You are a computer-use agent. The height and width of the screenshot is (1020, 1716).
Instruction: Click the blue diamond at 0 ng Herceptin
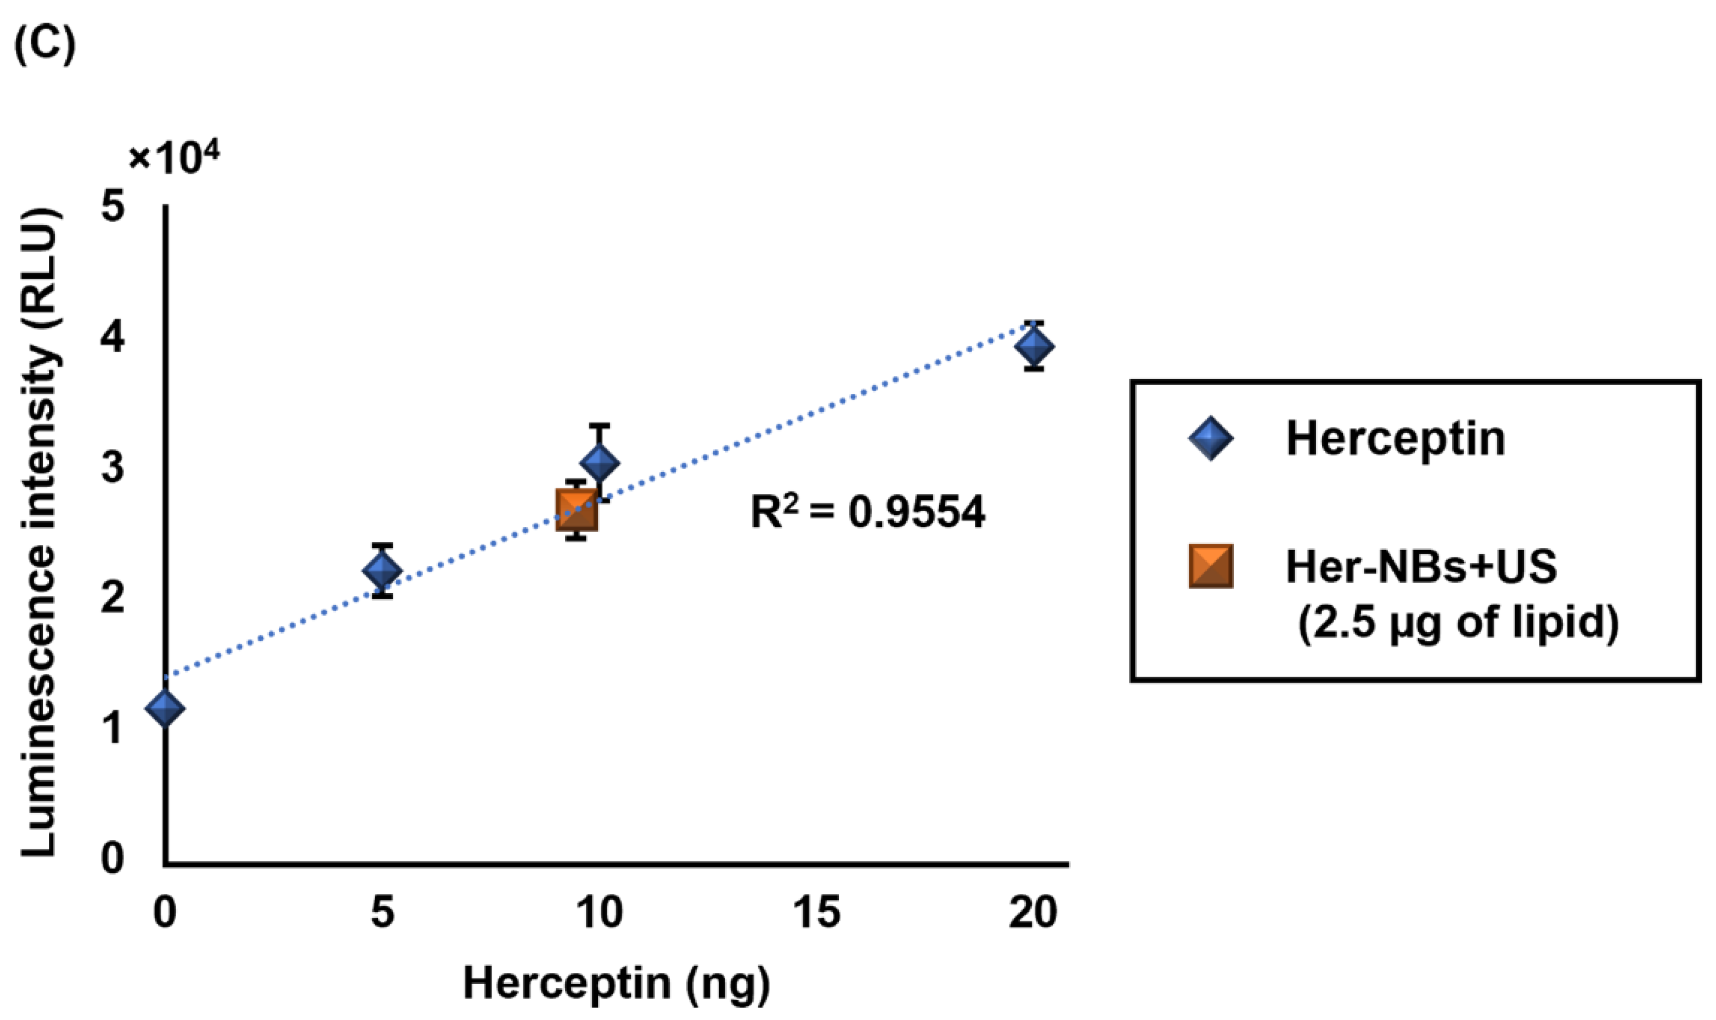tap(166, 707)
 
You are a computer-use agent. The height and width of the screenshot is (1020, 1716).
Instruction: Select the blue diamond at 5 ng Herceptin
tap(382, 570)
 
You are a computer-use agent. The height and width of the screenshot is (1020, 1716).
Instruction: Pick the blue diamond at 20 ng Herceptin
tap(1034, 346)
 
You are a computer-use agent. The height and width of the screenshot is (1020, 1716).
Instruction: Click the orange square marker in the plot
tap(577, 509)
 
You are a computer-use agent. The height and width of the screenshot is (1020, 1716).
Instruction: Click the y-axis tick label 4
tap(114, 337)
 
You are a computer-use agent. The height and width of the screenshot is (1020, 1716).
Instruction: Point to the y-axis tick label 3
tap(114, 467)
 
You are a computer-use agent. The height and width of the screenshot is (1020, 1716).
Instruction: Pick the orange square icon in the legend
tap(1211, 566)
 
